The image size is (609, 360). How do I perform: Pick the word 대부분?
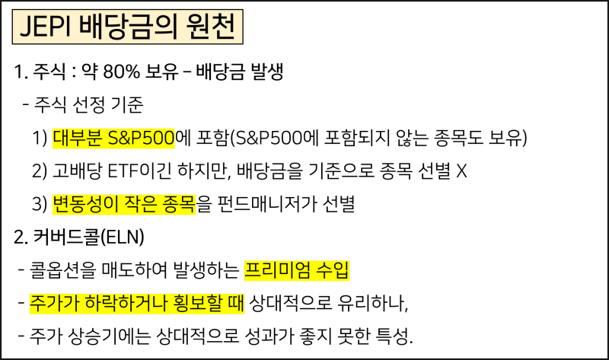click(x=75, y=139)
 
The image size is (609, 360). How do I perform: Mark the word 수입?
click(x=333, y=270)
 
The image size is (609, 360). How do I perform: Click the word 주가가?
click(x=50, y=304)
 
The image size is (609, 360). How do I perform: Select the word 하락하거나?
click(x=116, y=304)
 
